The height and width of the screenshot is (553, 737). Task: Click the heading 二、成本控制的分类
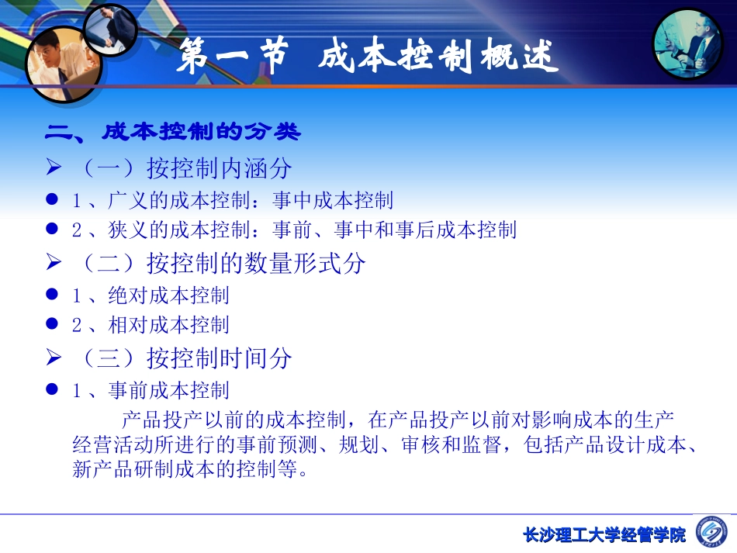172,133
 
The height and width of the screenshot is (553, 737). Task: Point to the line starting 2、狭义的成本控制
294,230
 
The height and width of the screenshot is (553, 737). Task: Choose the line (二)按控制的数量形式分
221,264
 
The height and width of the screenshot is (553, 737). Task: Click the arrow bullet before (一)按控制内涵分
53,168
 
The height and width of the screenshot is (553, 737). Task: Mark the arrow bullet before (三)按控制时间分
53,358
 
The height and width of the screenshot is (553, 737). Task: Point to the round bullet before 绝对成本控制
53,296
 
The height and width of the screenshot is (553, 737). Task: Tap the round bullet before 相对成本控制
53,325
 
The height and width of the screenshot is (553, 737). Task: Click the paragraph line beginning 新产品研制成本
190,469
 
